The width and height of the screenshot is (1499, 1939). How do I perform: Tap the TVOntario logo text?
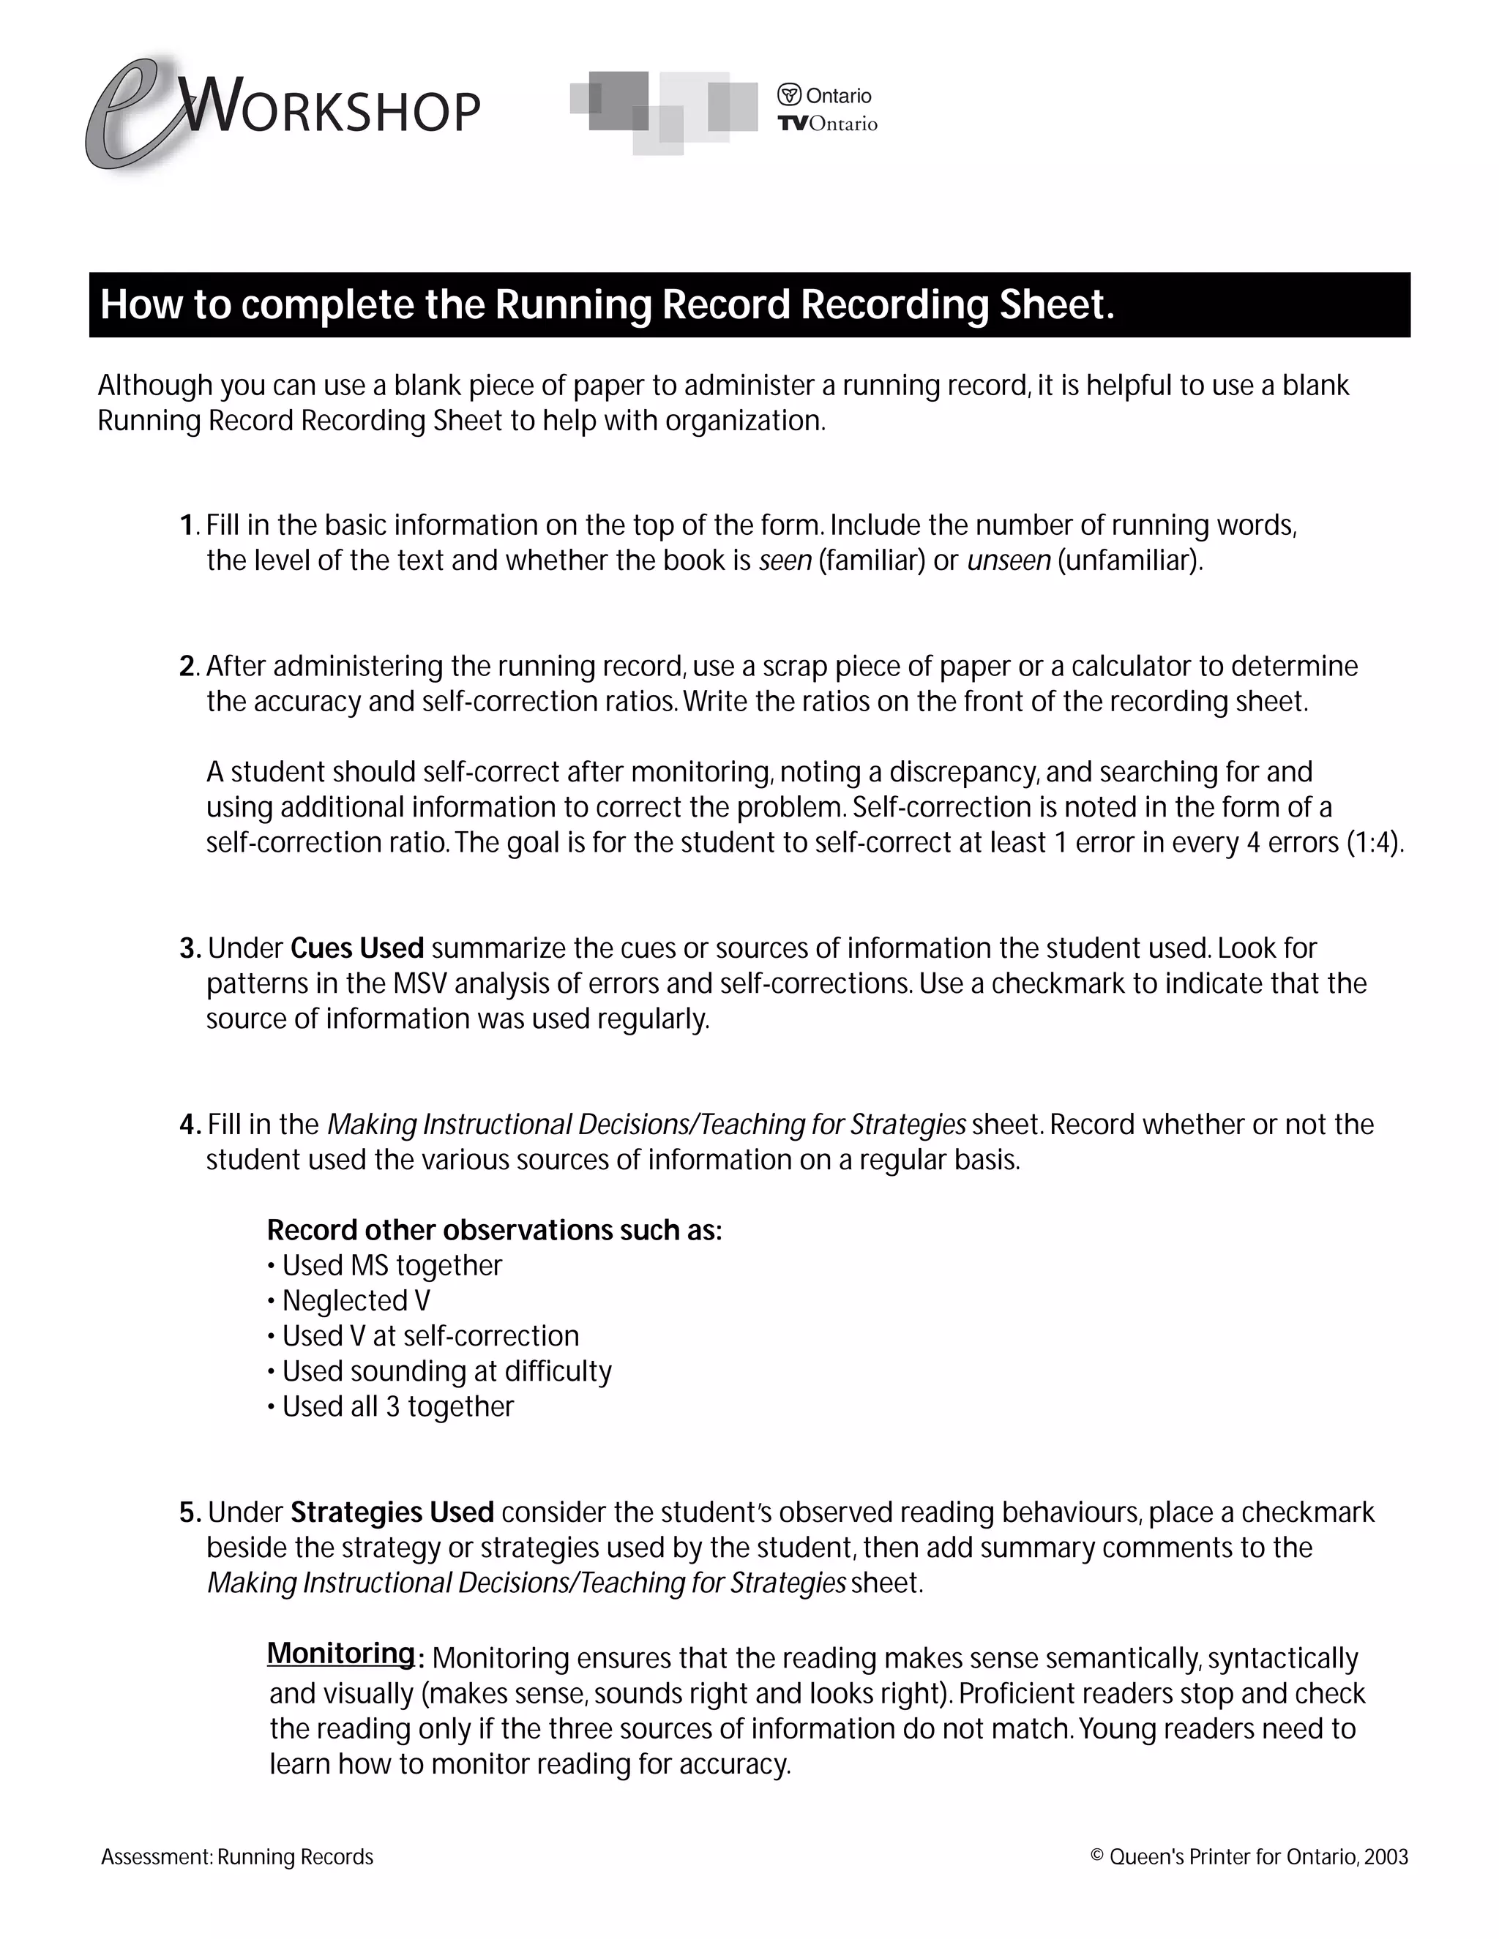point(827,124)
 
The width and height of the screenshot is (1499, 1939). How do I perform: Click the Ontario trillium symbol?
point(788,95)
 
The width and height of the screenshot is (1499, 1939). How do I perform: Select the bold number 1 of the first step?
point(186,525)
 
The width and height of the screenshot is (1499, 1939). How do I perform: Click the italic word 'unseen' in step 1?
point(1008,560)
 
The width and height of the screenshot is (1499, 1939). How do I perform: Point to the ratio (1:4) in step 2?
point(1374,841)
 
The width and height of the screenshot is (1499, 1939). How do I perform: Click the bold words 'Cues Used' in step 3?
point(357,948)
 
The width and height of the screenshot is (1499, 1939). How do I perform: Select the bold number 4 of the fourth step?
point(187,1125)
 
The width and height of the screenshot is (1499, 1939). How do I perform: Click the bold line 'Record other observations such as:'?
point(494,1230)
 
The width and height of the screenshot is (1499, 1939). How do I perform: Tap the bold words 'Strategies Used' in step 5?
point(392,1512)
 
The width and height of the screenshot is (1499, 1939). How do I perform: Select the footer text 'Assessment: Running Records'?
point(237,1857)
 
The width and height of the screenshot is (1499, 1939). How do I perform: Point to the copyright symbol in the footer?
point(1096,1856)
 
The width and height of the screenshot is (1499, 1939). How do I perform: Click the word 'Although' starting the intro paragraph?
point(154,386)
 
